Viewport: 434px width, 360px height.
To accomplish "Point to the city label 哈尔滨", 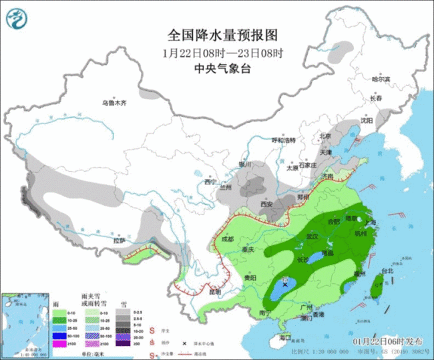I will [x=381, y=79].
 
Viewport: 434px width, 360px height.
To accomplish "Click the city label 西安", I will [x=268, y=204].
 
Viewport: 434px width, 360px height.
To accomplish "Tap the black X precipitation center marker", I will [x=285, y=285].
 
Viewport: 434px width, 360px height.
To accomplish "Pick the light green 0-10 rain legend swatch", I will [x=58, y=312].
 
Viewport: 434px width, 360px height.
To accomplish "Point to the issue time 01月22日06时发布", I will [x=387, y=341].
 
